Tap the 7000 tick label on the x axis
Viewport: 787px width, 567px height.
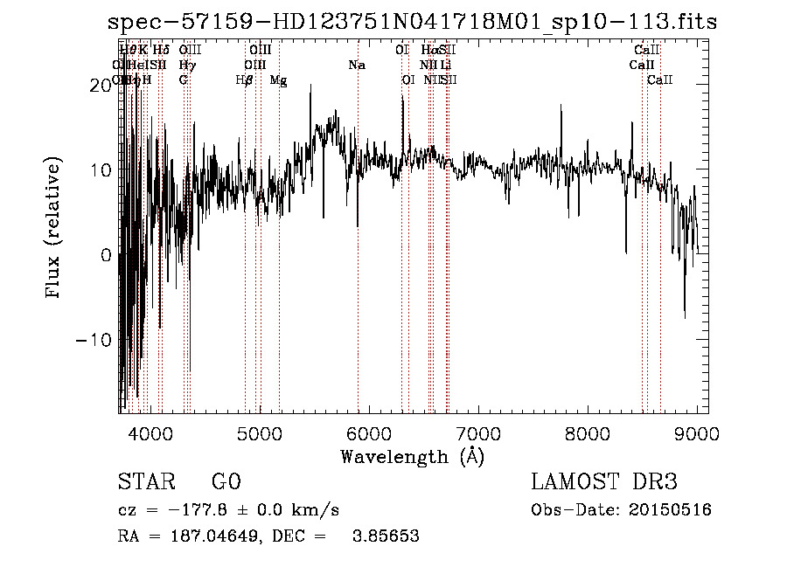[478, 432]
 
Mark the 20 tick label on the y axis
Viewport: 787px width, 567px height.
[101, 84]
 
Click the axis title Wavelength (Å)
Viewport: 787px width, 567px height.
[412, 456]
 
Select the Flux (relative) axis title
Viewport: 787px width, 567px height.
[54, 229]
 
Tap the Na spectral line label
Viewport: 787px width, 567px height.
[356, 66]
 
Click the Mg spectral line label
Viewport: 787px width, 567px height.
[278, 80]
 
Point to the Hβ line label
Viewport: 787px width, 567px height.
[244, 80]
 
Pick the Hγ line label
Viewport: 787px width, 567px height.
[187, 66]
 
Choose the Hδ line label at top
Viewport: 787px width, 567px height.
[161, 51]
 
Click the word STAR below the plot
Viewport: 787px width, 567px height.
[145, 482]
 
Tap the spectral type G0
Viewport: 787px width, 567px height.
[226, 482]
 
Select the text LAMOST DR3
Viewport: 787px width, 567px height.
[604, 482]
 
